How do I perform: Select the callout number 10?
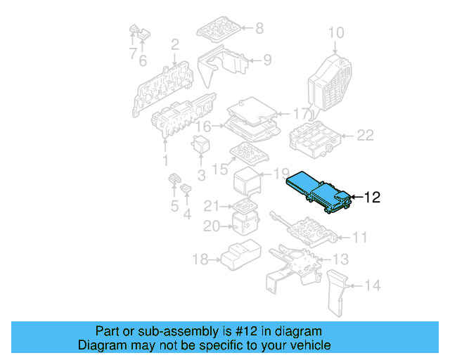pos(336,32)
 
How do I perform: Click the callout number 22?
pos(365,136)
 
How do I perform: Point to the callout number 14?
pos(373,285)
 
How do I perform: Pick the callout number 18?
pos(200,260)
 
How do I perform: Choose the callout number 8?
pos(259,28)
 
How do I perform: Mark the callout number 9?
pos(267,60)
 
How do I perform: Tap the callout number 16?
pos(203,127)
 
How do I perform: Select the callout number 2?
pos(174,44)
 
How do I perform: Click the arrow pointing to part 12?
pos(355,198)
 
